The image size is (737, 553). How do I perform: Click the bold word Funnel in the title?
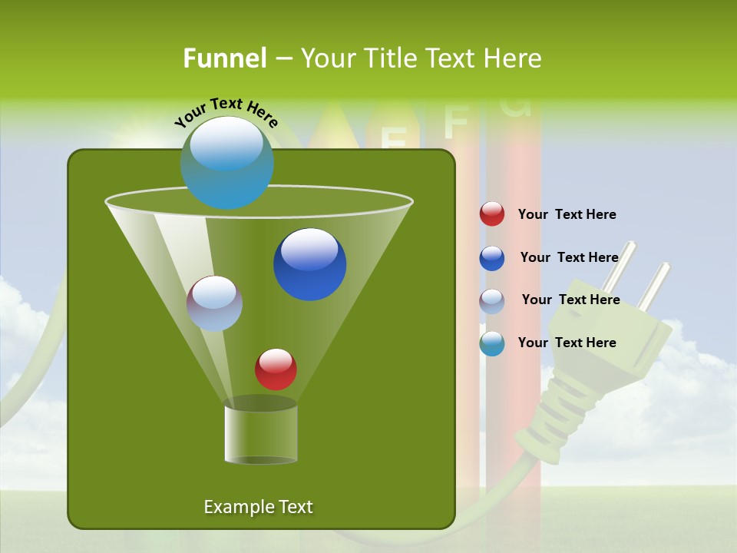click(x=224, y=58)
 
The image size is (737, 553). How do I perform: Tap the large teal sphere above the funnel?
click(x=227, y=163)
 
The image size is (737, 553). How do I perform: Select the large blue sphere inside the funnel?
click(x=310, y=264)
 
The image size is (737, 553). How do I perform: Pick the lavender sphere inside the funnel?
click(x=214, y=303)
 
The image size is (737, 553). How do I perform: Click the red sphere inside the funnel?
click(x=276, y=369)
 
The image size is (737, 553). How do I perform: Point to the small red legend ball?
click(x=492, y=214)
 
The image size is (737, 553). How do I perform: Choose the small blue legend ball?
click(x=492, y=258)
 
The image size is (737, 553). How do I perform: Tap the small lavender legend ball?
click(x=492, y=301)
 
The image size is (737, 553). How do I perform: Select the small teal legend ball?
click(x=492, y=343)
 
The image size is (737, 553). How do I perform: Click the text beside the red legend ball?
click(x=567, y=214)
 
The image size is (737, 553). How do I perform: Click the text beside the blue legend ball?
click(x=569, y=257)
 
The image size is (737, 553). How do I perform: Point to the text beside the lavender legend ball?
click(x=570, y=300)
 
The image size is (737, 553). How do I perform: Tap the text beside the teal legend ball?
click(x=567, y=343)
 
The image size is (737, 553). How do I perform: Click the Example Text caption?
click(x=258, y=507)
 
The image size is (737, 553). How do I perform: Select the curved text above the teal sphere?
click(x=226, y=113)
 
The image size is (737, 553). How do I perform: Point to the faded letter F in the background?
click(x=456, y=121)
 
